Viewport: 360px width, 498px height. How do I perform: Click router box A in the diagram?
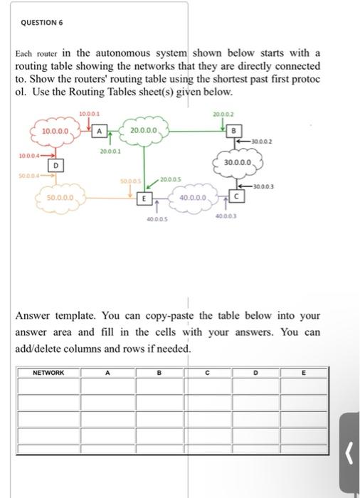100,131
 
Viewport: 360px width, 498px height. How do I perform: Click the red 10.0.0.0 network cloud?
55,132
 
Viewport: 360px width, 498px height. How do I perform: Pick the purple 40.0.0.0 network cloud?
193,196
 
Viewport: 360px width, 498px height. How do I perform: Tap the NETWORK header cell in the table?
48,372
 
